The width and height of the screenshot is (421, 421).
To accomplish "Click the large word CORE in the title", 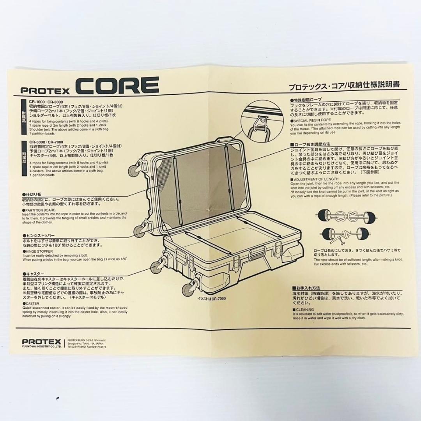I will pyautogui.click(x=117, y=85).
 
